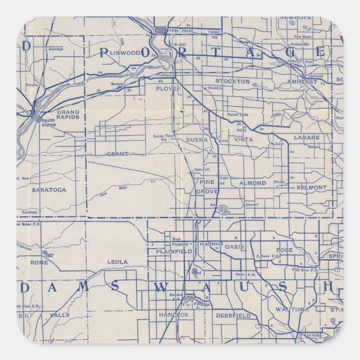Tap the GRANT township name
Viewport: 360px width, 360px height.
pyautogui.click(x=117, y=154)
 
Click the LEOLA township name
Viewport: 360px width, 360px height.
pyautogui.click(x=117, y=262)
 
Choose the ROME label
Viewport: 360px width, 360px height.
pyautogui.click(x=39, y=262)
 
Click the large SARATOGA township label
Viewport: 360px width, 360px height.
pyautogui.click(x=49, y=190)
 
